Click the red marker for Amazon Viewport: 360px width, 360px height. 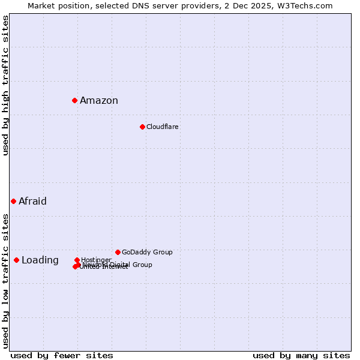point(74,100)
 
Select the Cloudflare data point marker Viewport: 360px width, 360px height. point(142,127)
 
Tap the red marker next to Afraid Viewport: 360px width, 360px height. point(13,201)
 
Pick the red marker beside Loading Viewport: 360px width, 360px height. point(16,260)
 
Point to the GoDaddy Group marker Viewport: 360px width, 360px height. point(118,252)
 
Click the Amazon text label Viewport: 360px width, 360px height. point(99,101)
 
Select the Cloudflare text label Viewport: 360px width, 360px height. point(163,127)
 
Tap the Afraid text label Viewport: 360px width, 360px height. point(32,202)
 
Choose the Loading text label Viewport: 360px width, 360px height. point(40,260)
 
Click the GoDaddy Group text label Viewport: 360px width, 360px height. point(147,252)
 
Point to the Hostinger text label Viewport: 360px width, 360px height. point(97,259)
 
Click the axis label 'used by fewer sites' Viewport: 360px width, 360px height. point(62,355)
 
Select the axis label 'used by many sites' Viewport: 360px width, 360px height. point(301,355)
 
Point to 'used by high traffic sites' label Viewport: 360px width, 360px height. point(6,85)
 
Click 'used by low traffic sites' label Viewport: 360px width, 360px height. point(6,280)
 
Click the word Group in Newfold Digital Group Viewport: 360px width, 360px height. point(142,265)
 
